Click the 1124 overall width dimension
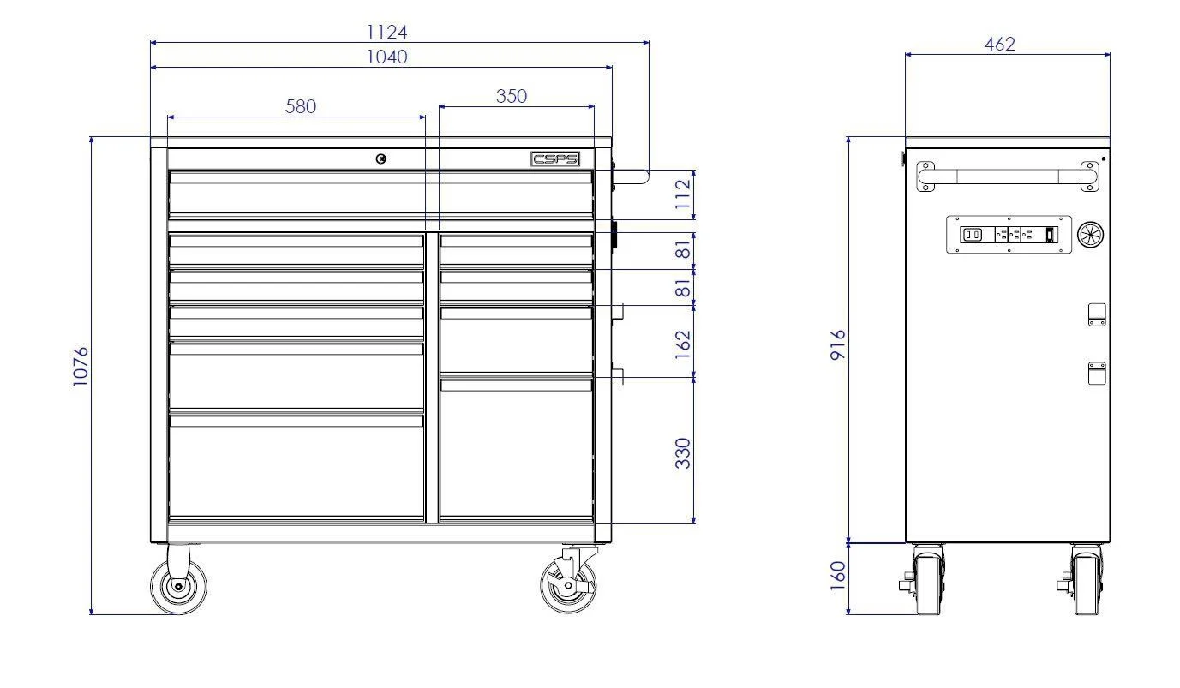click(x=386, y=33)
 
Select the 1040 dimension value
click(x=386, y=57)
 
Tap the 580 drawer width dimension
click(x=300, y=106)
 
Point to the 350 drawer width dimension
click(x=511, y=96)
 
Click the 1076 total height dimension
click(x=81, y=367)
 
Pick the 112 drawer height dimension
click(x=683, y=194)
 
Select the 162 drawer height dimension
click(x=683, y=344)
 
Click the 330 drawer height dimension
click(x=683, y=453)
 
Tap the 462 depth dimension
click(x=999, y=44)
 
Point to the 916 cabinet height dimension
click(x=837, y=345)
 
